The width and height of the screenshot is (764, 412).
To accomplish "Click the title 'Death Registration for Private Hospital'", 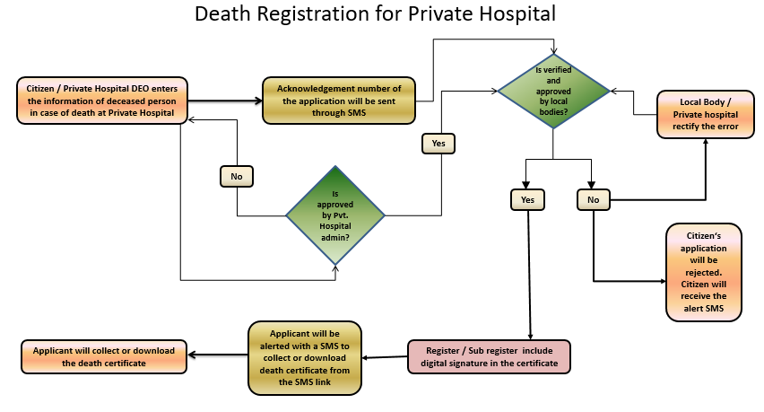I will click(375, 14).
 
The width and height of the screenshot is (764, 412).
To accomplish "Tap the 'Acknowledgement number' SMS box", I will click(339, 99).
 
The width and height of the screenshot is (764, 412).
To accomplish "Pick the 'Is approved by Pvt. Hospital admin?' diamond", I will click(335, 215).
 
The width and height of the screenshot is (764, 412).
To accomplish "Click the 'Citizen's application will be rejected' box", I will click(704, 272).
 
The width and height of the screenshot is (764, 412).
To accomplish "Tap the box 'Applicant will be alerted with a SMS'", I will click(305, 356).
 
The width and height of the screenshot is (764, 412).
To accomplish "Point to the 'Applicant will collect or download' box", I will click(104, 356).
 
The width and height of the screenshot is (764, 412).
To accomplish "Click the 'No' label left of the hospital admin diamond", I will click(237, 177).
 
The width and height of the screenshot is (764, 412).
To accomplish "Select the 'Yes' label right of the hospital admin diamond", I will click(439, 143).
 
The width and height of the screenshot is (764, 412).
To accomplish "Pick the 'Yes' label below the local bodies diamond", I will click(527, 198).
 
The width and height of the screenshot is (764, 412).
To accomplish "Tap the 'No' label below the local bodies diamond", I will click(593, 198).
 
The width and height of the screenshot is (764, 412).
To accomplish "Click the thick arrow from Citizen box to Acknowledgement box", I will click(224, 100).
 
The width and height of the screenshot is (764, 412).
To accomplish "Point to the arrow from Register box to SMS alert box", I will click(386, 357).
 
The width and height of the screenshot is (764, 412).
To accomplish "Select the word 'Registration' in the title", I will click(321, 14).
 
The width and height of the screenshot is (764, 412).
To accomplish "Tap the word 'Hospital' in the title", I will click(517, 14).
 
